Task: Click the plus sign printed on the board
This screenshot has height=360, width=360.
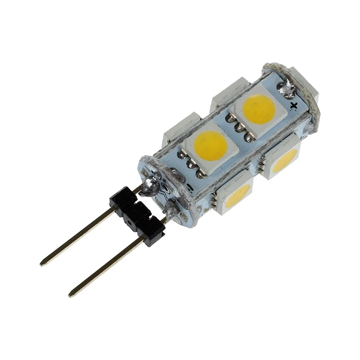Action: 294,106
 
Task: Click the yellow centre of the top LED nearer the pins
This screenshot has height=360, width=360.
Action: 211,145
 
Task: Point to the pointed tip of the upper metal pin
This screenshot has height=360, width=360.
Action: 42,264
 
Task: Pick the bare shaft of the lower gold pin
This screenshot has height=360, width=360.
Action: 108,265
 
